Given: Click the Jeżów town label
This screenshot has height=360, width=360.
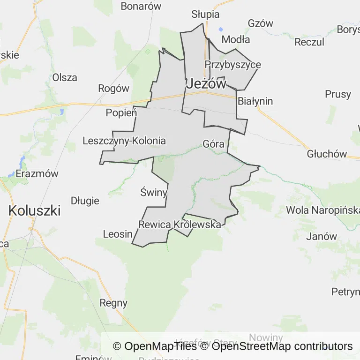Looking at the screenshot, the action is (x=206, y=84).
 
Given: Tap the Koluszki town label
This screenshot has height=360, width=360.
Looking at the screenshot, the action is (x=34, y=210).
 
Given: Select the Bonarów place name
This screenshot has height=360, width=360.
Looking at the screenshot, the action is (x=141, y=6).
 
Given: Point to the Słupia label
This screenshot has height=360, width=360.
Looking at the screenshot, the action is (x=206, y=14).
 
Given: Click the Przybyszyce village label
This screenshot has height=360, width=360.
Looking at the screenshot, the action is (x=232, y=65).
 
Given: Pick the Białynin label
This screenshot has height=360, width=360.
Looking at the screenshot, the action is (x=255, y=101).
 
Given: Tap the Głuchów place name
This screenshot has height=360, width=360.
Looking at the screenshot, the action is (x=327, y=154).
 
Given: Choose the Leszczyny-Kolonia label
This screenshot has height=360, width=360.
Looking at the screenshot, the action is (x=124, y=141).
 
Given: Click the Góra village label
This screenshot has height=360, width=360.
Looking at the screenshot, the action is (x=213, y=144).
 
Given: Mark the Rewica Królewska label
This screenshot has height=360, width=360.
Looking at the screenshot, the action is (x=180, y=225).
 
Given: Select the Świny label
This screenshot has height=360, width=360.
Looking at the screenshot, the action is (x=154, y=192).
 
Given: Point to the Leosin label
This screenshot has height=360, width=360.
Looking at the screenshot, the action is (x=117, y=234).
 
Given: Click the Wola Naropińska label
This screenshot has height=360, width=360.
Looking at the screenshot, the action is (x=322, y=210).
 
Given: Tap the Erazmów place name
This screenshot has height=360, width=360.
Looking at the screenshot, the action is (x=37, y=173).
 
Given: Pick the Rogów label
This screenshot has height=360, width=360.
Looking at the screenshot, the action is (x=113, y=88).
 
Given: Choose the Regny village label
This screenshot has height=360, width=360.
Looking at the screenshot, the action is (x=113, y=303).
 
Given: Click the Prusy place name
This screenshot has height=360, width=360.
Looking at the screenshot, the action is (x=337, y=94).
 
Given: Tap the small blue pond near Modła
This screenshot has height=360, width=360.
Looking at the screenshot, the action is (x=221, y=29).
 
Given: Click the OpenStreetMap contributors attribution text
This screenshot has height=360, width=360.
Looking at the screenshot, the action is (x=282, y=346).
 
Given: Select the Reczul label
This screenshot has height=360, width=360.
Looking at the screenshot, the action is (x=309, y=42).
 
